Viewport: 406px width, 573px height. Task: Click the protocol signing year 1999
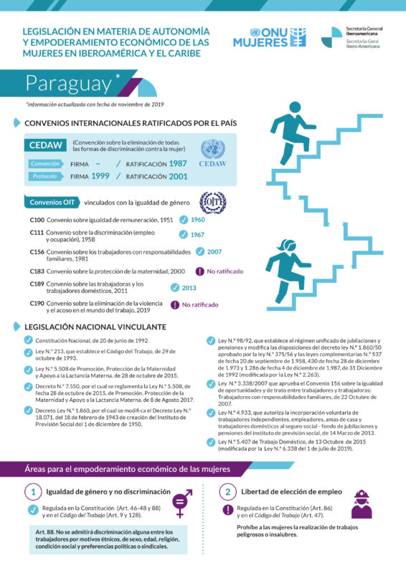(100, 176)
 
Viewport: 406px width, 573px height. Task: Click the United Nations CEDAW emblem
(212, 153)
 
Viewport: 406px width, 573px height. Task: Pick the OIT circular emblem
(212, 202)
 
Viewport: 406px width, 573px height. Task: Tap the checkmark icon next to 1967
(184, 234)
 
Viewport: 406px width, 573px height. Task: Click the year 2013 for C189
(189, 288)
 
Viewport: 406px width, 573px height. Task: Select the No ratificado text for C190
(200, 304)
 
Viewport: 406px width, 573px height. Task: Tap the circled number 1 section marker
(33, 492)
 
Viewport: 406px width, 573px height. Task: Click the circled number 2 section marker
(227, 492)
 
